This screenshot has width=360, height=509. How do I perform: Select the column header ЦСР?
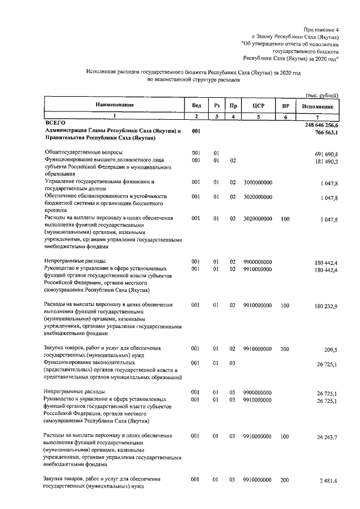tap(258, 106)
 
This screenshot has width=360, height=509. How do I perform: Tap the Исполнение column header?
tap(318, 106)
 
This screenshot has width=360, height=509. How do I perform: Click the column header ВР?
tap(285, 106)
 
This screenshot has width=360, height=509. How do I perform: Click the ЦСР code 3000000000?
tap(258, 183)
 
